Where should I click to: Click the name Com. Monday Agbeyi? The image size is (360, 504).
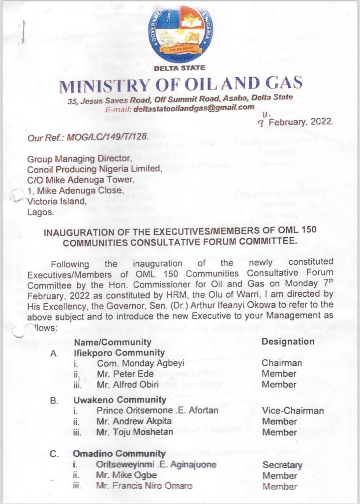point(128,363)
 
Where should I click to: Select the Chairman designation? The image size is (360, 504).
point(282,363)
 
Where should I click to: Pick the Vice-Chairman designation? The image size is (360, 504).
point(293,410)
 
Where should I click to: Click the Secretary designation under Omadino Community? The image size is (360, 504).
point(282,465)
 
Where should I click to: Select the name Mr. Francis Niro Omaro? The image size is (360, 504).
point(145,486)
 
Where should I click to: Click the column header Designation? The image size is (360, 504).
point(288,341)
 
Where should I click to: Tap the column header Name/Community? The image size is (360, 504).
point(112,342)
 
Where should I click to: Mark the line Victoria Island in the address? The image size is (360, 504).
point(57,201)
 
